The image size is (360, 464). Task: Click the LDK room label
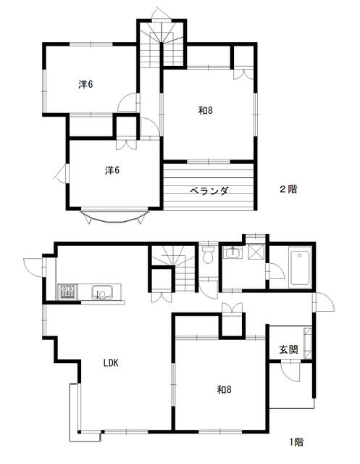click(x=111, y=362)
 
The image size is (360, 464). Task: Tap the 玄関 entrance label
click(x=288, y=349)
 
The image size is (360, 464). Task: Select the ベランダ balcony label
click(x=209, y=191)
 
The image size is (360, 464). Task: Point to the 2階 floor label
click(x=288, y=189)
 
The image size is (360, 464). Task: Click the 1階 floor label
click(x=296, y=442)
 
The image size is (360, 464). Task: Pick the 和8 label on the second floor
click(x=206, y=111)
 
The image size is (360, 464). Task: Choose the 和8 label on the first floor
click(x=225, y=390)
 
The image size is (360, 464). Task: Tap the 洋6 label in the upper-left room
click(x=85, y=85)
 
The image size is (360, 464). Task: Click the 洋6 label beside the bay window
click(x=112, y=170)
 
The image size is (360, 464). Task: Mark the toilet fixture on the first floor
click(x=209, y=254)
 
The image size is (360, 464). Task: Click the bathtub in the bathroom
click(x=301, y=268)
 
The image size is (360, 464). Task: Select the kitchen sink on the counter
click(x=102, y=292)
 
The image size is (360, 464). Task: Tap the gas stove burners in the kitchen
click(x=67, y=291)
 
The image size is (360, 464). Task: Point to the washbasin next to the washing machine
click(x=233, y=253)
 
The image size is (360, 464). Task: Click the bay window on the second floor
click(x=114, y=216)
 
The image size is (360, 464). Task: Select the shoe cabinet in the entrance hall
click(x=308, y=343)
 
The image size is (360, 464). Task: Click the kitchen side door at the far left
click(x=33, y=268)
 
